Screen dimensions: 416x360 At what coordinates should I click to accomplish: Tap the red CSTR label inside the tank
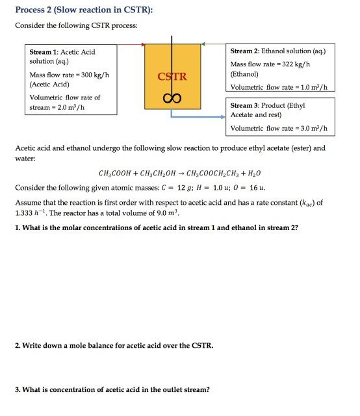tap(172, 77)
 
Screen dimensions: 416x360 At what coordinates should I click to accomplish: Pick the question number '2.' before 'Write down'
tap(18, 344)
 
